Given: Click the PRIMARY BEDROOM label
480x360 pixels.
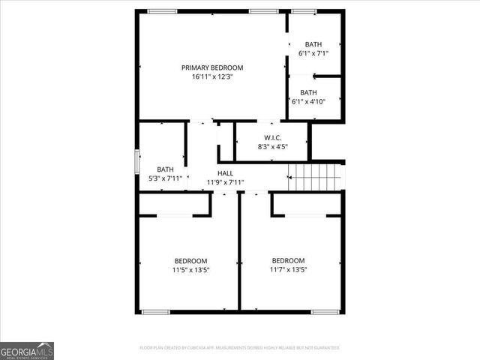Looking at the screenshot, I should point(212,67).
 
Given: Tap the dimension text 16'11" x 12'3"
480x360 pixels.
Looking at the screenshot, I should point(212,76).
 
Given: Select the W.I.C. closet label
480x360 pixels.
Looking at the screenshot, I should point(271,137).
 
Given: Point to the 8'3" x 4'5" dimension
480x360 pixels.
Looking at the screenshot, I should point(271,146).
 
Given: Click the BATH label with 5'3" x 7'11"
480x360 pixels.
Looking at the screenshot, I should point(165,169).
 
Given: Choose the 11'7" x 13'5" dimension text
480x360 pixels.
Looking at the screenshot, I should point(289,270).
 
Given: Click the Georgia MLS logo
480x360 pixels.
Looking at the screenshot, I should point(27,350).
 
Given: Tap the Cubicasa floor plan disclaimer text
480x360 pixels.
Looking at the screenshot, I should point(240,348).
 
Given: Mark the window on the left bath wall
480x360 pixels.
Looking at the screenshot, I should point(136,160).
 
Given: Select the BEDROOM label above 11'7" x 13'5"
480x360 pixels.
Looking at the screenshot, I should point(289,261).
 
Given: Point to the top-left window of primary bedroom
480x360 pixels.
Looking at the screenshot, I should point(162,11).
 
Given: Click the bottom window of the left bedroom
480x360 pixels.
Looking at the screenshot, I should point(157,311).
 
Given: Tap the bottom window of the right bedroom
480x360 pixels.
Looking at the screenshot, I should point(326,311).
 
